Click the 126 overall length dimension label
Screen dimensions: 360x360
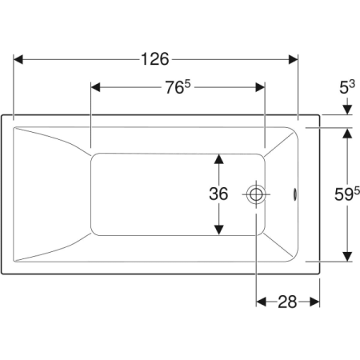click(x=154, y=59)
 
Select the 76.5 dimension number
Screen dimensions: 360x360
click(x=178, y=87)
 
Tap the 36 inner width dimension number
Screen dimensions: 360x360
click(x=218, y=194)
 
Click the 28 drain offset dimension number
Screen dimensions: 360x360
click(x=287, y=302)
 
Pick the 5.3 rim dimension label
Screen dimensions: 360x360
click(x=347, y=87)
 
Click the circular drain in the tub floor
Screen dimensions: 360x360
click(x=256, y=194)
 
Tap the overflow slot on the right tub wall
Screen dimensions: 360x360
click(x=294, y=194)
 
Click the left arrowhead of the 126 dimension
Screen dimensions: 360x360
click(x=18, y=59)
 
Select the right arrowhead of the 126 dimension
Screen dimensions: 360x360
click(x=293, y=59)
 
